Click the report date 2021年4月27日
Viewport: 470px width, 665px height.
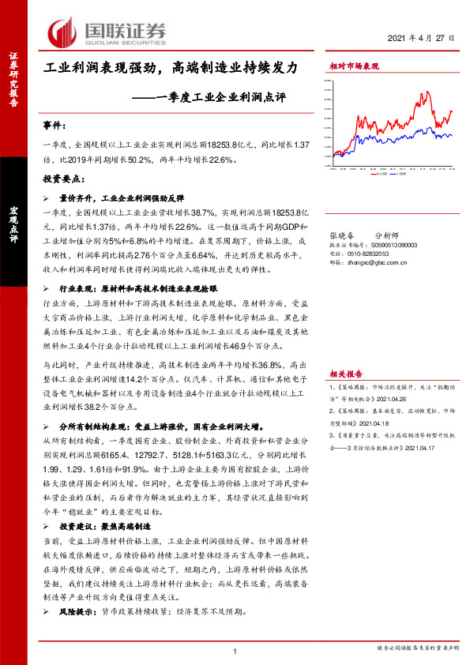pos(422,39)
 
